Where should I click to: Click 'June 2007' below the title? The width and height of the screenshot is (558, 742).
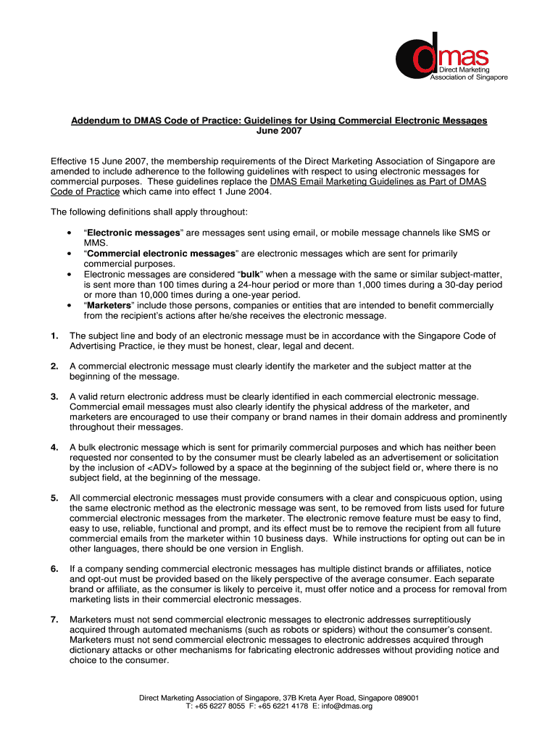(x=279, y=131)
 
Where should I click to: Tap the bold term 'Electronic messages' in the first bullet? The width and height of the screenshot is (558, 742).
(x=133, y=233)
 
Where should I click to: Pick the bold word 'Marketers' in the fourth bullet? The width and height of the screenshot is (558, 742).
(x=109, y=305)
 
